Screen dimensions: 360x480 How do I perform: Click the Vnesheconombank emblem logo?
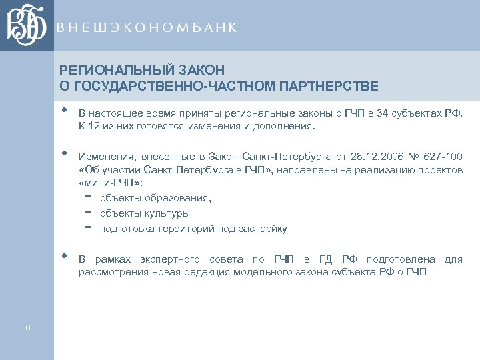click(27, 26)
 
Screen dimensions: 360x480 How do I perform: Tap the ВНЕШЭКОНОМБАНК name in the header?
click(147, 27)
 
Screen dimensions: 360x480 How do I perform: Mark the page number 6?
click(27, 327)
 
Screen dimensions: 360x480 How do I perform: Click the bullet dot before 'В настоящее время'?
click(64, 110)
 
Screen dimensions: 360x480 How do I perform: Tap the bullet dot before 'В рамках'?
click(64, 256)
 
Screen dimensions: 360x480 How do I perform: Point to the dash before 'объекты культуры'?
click(89, 213)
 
